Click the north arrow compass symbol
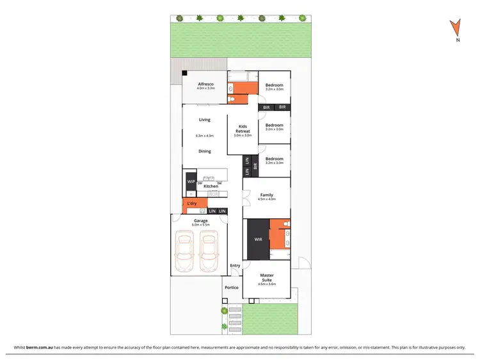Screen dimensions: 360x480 456,28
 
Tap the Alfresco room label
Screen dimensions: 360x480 205,84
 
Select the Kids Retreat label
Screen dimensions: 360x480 243,128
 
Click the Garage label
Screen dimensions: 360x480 201,220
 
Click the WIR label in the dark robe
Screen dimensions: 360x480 257,240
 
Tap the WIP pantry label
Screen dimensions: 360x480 191,181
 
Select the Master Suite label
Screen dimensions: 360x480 267,278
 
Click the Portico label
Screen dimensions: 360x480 232,288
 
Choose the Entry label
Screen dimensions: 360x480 235,266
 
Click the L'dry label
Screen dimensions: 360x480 192,204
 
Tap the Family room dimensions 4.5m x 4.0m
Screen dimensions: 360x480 266,199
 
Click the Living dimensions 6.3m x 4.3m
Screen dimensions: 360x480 204,136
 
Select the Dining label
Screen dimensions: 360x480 204,151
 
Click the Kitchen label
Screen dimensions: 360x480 211,186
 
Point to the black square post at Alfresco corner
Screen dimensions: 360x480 184,73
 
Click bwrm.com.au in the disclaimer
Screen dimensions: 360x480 39,347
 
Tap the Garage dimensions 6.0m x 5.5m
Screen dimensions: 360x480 201,225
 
